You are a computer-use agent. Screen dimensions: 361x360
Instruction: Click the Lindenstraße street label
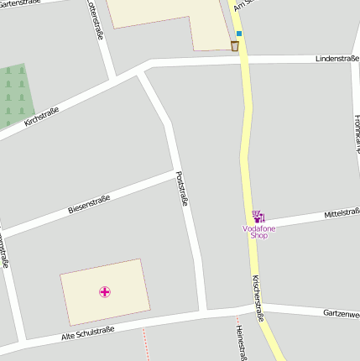coord(337,59)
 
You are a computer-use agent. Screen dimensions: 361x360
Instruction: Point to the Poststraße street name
coord(182,189)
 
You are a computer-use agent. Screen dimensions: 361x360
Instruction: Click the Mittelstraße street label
coord(342,215)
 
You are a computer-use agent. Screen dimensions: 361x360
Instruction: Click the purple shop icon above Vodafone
coord(258,217)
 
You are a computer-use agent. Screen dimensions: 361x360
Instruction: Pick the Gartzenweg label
coord(341,313)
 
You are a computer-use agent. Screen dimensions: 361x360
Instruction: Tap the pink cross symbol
coord(105,292)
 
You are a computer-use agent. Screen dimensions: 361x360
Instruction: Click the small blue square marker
coord(239,34)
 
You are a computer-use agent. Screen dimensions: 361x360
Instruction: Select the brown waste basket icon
coord(234,45)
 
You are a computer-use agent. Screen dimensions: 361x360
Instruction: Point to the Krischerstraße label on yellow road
coord(259,297)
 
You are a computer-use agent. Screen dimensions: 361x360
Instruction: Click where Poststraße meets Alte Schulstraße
coord(202,312)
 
